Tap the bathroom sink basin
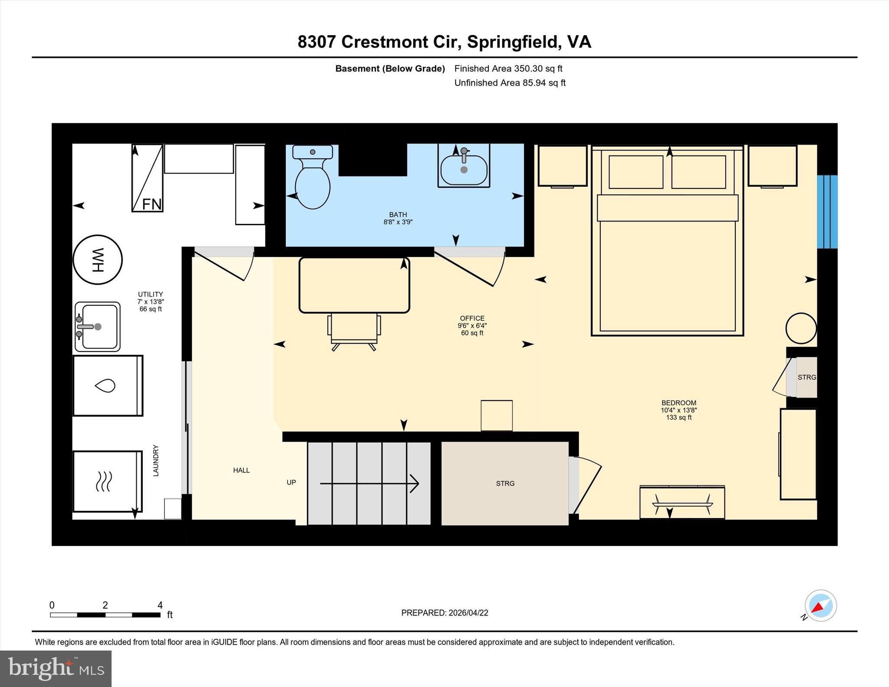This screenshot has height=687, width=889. [x=464, y=170]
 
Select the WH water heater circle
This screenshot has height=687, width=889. [x=98, y=260]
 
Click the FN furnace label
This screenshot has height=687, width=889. [x=152, y=204]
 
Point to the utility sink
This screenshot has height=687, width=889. [x=98, y=327]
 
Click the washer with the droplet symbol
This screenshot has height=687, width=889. [x=108, y=385]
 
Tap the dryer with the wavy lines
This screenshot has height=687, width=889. [x=107, y=481]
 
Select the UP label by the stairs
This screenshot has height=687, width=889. [x=291, y=482]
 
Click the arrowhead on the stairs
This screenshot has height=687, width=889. [x=415, y=483]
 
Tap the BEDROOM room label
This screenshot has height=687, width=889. [x=678, y=403]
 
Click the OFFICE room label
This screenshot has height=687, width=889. [x=472, y=318]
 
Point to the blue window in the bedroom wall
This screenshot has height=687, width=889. [x=827, y=212]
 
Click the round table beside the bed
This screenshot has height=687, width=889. [x=801, y=329]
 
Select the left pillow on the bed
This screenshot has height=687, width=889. [x=636, y=172]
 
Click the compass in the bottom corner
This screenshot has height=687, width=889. [x=820, y=605]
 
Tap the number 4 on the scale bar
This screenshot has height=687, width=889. [x=160, y=605]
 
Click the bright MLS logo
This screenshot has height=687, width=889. [x=56, y=668]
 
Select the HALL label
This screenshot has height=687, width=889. [x=241, y=470]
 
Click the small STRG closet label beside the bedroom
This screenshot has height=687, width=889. [x=807, y=377]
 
